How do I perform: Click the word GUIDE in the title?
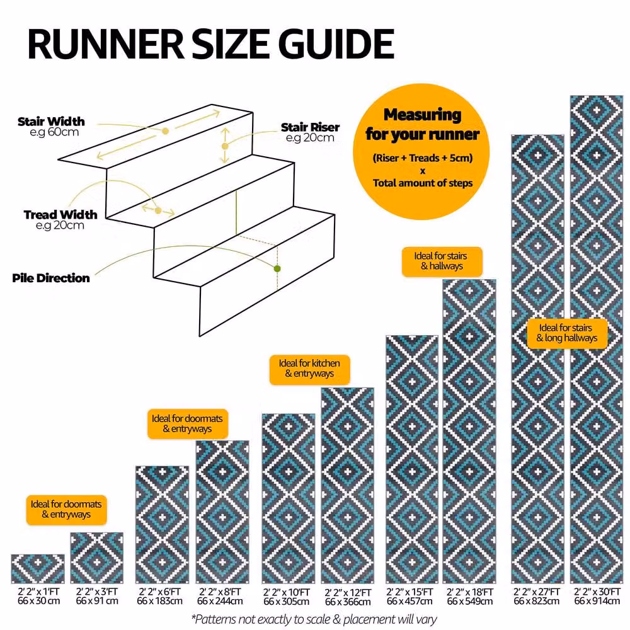[336, 44]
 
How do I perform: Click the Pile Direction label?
[51, 278]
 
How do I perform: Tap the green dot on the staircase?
[277, 268]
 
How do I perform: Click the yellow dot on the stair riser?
[225, 146]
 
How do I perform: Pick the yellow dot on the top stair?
[165, 131]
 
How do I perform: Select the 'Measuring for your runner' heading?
[422, 125]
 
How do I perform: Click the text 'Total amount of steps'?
[423, 183]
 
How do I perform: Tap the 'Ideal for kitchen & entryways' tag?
[309, 369]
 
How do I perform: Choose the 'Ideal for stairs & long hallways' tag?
[567, 333]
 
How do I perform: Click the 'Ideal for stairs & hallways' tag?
[442, 261]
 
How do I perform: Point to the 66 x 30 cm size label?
[38, 602]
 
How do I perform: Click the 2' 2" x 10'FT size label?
[287, 593]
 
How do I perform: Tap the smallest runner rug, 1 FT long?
[38, 569]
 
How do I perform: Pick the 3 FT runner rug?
[97, 558]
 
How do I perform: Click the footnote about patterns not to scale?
[314, 619]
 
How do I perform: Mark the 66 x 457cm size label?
[409, 602]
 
